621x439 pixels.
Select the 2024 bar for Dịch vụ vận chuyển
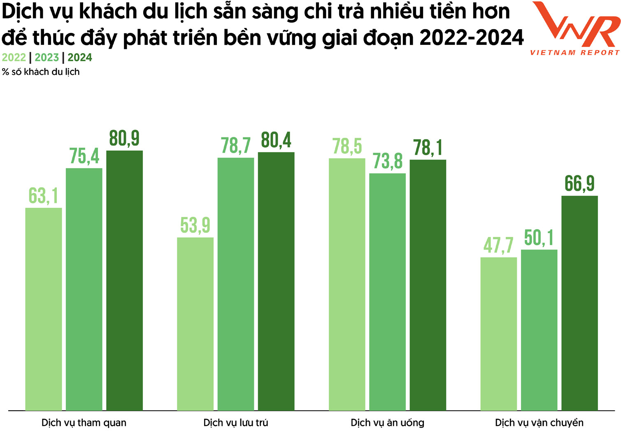coord(579,303)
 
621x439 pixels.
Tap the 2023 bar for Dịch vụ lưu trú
coord(236,284)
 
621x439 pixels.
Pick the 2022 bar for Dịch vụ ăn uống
coord(347,284)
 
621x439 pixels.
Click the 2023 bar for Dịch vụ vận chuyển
coord(539,330)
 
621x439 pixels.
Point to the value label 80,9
coord(124,139)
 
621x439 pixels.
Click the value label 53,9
coord(195,225)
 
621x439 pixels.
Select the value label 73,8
coord(388,161)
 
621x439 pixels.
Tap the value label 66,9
coord(579,183)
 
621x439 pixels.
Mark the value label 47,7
coord(498,246)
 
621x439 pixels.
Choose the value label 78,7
coord(236,146)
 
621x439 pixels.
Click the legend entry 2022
coord(14,58)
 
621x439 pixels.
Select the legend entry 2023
coord(47,58)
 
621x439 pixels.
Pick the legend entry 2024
coord(80,58)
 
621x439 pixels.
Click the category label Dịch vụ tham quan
coord(84,423)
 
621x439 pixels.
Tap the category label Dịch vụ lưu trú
coord(236,423)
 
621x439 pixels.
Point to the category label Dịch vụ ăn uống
coord(388,423)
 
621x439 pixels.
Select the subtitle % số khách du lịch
coord(41,72)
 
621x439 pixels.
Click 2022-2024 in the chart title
coord(472,38)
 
